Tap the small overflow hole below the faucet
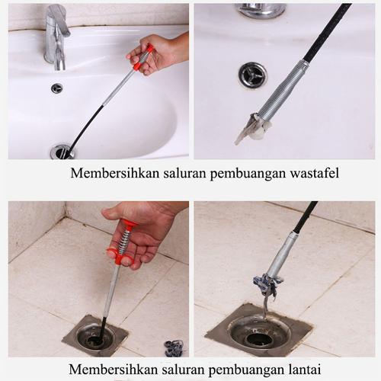tap(56, 88)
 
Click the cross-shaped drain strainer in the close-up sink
tap(251, 75)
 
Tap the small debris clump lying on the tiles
tap(174, 348)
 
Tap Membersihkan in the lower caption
tap(110, 370)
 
